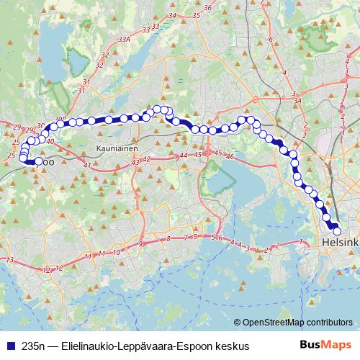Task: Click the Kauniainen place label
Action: pos(116,148)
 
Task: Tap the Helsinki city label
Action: pos(342,242)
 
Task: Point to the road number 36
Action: pos(207,8)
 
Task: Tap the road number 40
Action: pos(50,141)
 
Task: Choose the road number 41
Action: pos(87,166)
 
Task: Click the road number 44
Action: pos(184,156)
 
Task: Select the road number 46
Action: pos(230,156)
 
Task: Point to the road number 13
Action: pos(9,259)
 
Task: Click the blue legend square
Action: pos(9,346)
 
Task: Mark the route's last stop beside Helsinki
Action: pos(336,230)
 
